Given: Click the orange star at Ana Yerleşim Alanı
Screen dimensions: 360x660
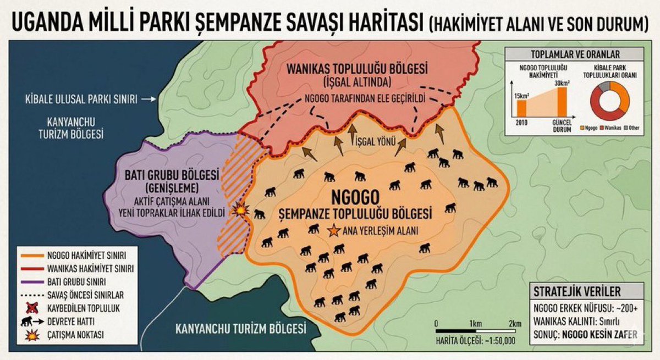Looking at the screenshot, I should (x=333, y=231).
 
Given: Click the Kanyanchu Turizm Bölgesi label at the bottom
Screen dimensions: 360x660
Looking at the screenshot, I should (x=240, y=330).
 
